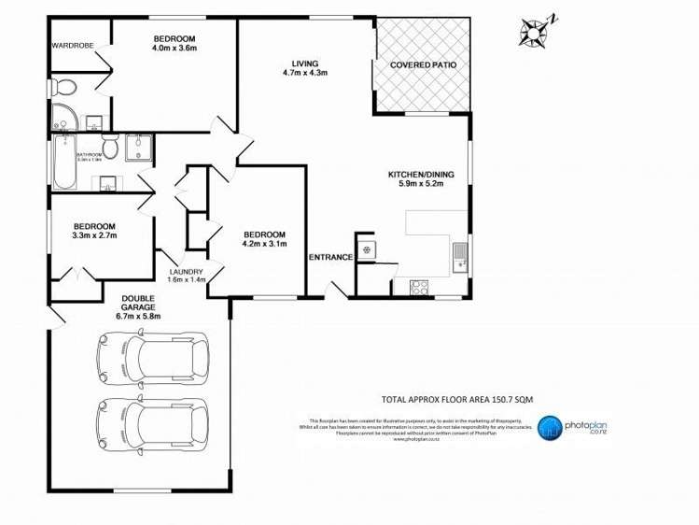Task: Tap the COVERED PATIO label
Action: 423,65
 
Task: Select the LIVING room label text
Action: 298,62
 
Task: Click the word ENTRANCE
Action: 330,257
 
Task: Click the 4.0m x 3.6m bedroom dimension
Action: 175,49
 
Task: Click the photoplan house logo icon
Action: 552,427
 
